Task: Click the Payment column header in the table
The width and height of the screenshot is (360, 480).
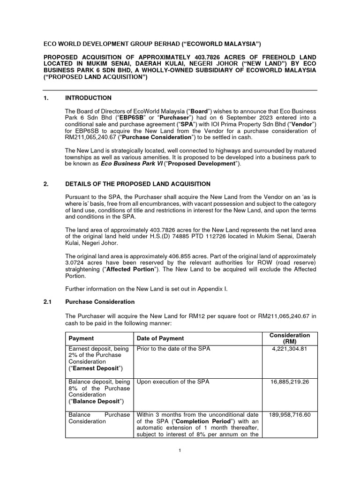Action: [81, 338]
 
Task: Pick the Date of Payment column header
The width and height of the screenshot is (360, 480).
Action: [160, 338]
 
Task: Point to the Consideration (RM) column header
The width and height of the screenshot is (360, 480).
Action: [290, 338]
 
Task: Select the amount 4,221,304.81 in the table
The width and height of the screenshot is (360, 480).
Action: [290, 349]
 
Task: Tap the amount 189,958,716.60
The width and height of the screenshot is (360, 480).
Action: [290, 415]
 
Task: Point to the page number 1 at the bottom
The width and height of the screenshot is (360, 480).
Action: [180, 450]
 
